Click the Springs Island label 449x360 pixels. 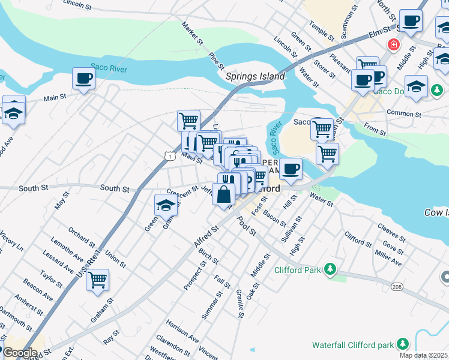[x=255, y=77]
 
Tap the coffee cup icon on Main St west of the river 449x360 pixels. [x=83, y=78]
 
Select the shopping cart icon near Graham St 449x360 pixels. [x=97, y=280]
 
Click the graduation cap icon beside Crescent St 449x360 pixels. [x=166, y=205]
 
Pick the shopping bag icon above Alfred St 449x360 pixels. [x=223, y=195]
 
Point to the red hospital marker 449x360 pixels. [x=393, y=44]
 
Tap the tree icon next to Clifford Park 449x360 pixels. [x=329, y=270]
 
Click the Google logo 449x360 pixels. [x=19, y=353]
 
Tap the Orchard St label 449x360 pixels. [x=81, y=238]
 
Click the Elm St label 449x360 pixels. [x=379, y=35]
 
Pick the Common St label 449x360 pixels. [x=405, y=113]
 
